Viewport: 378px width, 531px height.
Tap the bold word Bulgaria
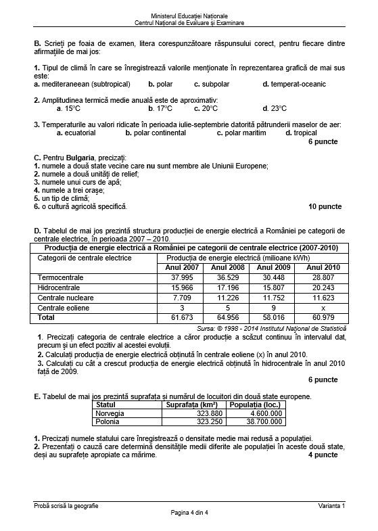[80, 158]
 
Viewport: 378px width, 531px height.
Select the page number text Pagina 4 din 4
[189, 514]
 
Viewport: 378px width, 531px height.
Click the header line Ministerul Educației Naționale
[189, 15]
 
